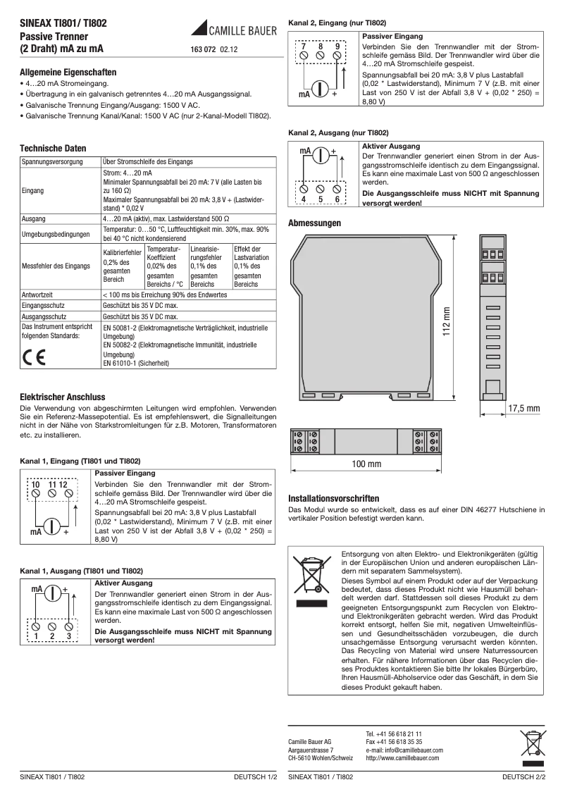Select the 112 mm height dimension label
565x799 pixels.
pos(446,321)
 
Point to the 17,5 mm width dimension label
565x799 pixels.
pos(523,409)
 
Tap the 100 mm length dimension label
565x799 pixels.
pos(366,464)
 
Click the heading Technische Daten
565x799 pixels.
pos(54,149)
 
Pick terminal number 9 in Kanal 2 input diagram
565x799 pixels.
pos(337,47)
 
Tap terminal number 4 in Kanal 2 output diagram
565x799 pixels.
pos(304,199)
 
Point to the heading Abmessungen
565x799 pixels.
pos(315,223)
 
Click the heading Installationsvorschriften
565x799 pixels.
pos(334,497)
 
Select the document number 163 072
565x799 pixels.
pos(204,50)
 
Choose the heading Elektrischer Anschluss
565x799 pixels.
pos(63,397)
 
